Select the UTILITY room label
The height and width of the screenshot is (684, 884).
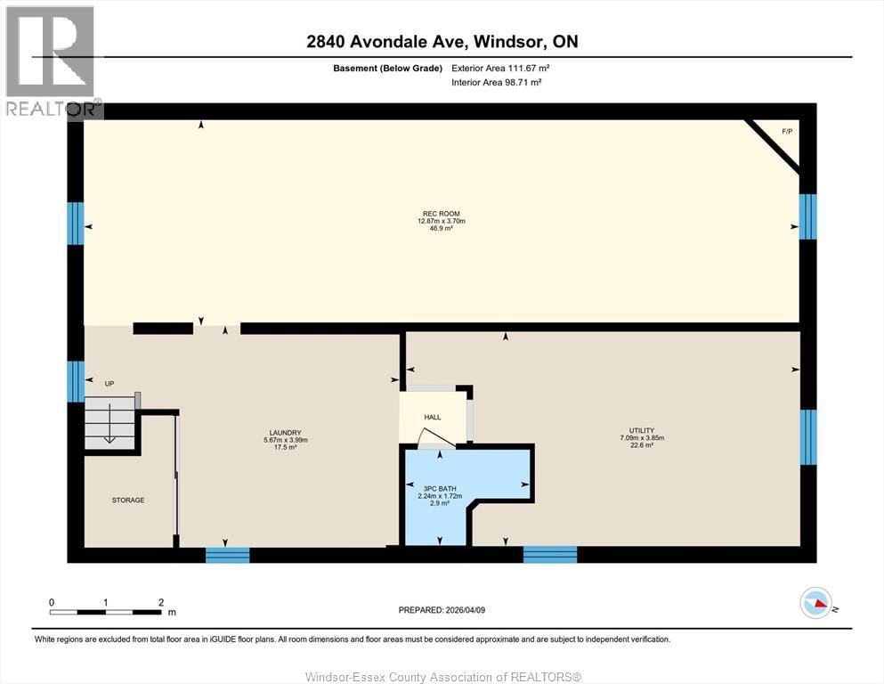642,431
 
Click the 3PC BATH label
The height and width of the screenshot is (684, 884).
434,489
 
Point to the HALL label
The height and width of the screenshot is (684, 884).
432,417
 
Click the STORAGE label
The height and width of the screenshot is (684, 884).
128,501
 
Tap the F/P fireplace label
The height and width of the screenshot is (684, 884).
786,132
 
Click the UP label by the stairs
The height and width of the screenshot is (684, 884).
109,384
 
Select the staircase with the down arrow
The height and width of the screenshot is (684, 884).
109,425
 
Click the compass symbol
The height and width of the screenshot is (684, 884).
815,604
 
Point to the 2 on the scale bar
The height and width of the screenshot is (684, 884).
161,603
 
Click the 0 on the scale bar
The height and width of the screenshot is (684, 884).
52,603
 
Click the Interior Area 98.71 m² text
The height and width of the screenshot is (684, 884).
497,82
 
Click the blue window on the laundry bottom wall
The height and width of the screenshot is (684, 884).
228,555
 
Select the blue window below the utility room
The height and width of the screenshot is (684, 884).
549,555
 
